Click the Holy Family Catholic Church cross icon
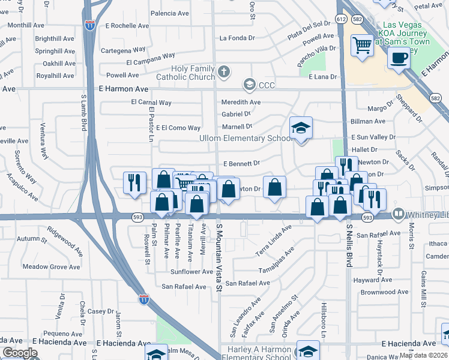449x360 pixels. [x=224, y=73]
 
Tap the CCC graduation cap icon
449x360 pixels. [x=249, y=85]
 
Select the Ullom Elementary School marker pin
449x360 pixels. [x=301, y=128]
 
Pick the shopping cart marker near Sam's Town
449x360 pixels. [x=363, y=46]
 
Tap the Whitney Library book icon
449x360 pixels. [x=398, y=214]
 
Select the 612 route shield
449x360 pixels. [x=342, y=19]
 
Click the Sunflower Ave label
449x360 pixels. [x=191, y=272]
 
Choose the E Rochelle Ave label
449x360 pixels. [x=127, y=26]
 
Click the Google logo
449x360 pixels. [x=20, y=353]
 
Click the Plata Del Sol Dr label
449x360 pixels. [x=309, y=29]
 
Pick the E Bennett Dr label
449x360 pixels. [x=241, y=163]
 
